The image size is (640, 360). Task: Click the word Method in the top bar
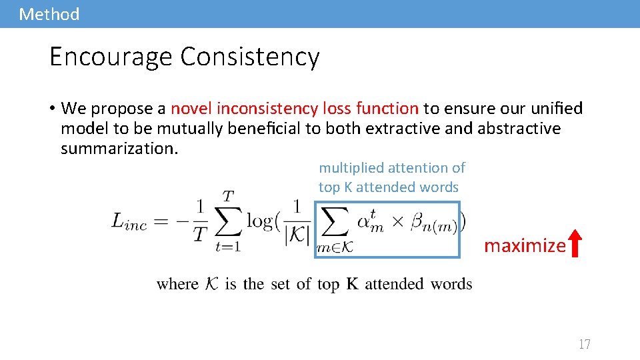pos(49,14)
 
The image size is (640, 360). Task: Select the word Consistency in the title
pos(250,57)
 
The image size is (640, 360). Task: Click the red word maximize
pos(525,246)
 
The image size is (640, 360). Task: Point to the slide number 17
pos(585,344)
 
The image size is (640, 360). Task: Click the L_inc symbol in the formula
pos(129,223)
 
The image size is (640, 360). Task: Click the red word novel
pos(192,108)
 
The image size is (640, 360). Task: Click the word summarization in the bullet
pos(119,148)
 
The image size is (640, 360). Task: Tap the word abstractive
pos(519,128)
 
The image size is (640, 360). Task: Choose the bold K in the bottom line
pos(353,284)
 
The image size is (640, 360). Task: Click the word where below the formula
pos(177,284)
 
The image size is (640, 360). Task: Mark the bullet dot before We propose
pos(52,109)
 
